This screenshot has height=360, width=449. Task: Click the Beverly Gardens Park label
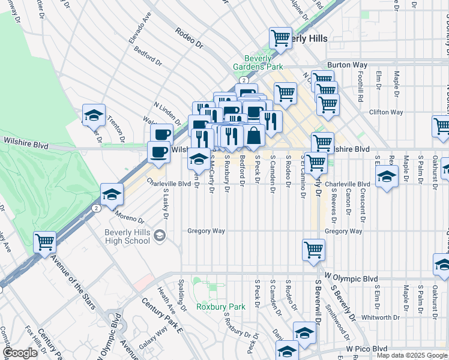[x=263, y=63]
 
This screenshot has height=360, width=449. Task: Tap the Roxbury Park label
[x=221, y=307]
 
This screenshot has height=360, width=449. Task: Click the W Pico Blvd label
[x=366, y=349]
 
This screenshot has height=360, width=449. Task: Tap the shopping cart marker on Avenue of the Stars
[x=45, y=242]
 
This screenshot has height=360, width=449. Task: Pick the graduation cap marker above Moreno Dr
[x=112, y=194]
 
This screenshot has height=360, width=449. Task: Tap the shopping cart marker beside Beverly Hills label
[x=280, y=38]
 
